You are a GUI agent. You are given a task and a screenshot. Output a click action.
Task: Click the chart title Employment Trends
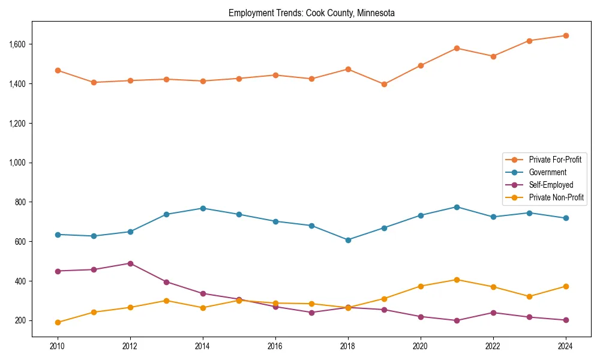[x=311, y=13]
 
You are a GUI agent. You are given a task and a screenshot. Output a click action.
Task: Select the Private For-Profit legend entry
[x=555, y=160]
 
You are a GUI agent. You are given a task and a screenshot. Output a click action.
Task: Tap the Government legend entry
[x=547, y=172]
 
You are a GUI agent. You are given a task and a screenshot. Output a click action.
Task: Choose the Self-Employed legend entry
[x=551, y=185]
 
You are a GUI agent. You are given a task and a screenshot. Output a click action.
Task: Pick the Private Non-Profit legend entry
[x=556, y=197]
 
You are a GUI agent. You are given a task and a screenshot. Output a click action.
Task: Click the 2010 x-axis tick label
[x=58, y=346]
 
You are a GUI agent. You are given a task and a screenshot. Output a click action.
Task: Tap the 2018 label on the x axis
[x=348, y=346]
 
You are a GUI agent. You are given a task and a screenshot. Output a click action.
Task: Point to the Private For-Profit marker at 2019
[x=384, y=84]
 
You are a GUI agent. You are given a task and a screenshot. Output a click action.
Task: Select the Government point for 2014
[x=203, y=208]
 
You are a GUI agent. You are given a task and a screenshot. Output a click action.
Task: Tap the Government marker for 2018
[x=348, y=240]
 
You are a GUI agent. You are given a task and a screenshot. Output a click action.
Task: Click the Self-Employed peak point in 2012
[x=130, y=263]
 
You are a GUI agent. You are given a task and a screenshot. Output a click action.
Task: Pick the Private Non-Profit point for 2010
[x=58, y=322]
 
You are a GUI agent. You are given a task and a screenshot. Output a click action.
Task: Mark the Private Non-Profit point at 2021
[x=457, y=280]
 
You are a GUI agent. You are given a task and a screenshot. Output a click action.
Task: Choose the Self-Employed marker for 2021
[x=457, y=320]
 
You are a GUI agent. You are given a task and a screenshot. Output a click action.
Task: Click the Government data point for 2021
[x=457, y=207]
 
